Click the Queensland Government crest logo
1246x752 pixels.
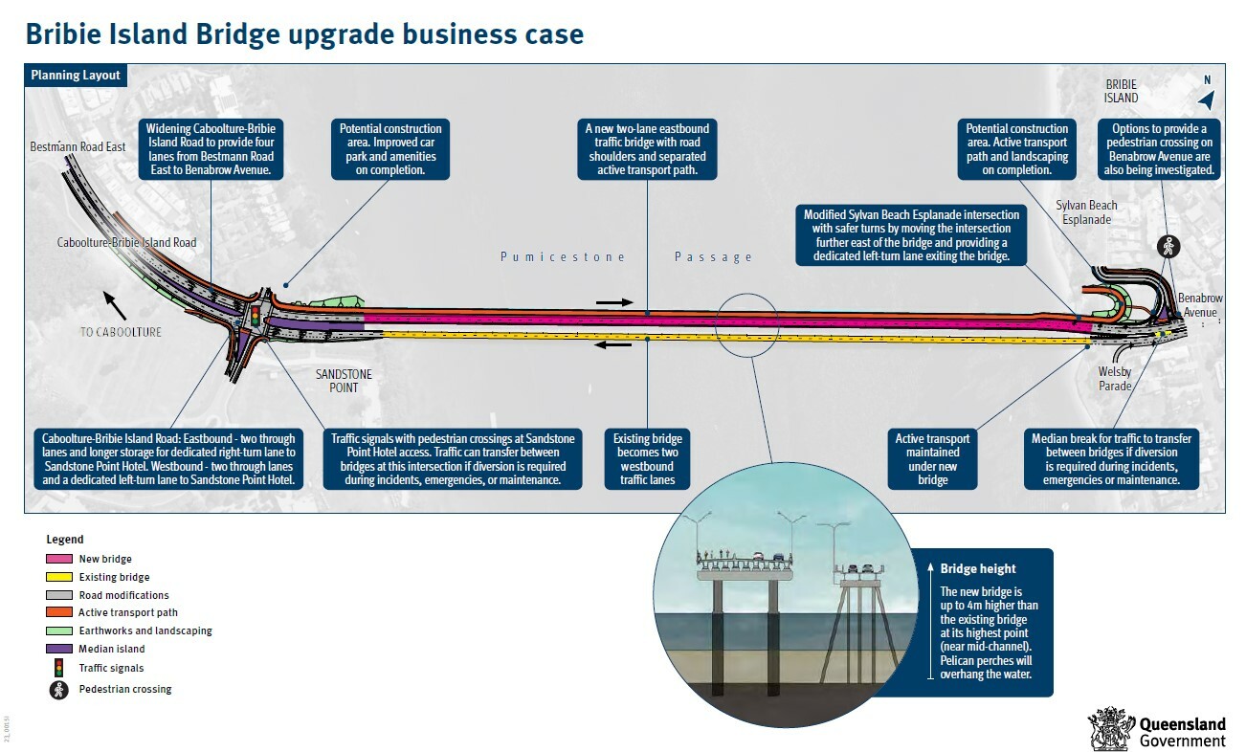[x=1110, y=729]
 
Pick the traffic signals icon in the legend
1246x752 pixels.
[x=59, y=668]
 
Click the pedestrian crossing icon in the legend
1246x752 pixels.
[x=59, y=689]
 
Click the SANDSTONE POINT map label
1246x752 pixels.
[x=344, y=381]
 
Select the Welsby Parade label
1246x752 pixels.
[x=1115, y=380]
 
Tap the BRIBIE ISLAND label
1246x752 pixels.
[x=1121, y=91]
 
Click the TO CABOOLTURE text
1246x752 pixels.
[x=121, y=332]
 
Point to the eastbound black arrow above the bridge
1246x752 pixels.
[x=613, y=302]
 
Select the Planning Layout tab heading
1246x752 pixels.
[x=76, y=76]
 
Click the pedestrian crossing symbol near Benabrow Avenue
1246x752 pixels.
[x=1167, y=245]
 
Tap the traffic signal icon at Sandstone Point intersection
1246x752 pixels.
[x=256, y=314]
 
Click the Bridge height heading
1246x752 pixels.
[x=978, y=568]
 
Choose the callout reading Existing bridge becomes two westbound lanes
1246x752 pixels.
[x=648, y=459]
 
